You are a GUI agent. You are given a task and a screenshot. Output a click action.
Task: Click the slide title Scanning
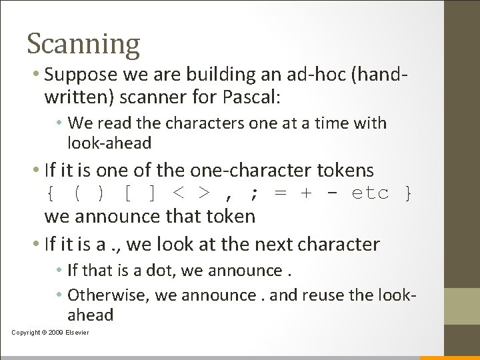pos(83,44)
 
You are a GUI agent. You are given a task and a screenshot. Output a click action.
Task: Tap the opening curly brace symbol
pos(51,193)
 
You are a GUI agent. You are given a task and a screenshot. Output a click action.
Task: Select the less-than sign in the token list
pos(179,193)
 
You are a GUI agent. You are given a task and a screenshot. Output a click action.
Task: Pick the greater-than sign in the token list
pos(205,193)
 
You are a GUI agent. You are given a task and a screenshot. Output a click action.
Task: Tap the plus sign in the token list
pos(306,193)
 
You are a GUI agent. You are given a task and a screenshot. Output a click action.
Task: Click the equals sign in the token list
pos(281,193)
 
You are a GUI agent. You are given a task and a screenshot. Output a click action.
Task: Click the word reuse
pos(341,294)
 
